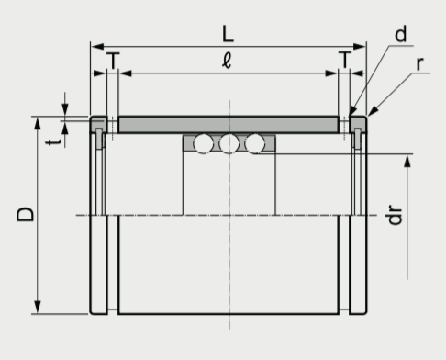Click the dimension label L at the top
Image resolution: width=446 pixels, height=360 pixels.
(228, 34)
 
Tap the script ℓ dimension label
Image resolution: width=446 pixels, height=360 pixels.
(227, 61)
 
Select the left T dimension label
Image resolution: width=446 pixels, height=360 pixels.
(114, 61)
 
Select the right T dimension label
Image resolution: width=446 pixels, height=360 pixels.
(345, 60)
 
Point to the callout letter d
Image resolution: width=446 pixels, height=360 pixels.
(401, 34)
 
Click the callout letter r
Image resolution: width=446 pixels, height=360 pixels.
(420, 63)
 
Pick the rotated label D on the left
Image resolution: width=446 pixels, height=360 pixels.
(25, 214)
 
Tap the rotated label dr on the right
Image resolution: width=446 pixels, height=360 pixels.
(394, 214)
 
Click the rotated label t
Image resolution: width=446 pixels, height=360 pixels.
(54, 141)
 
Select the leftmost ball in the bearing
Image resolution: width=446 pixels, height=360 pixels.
(203, 143)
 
